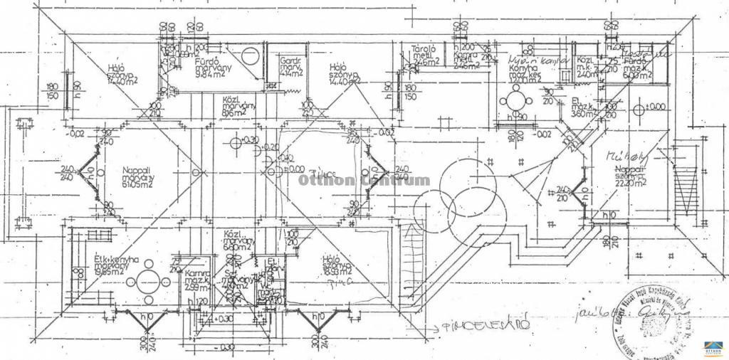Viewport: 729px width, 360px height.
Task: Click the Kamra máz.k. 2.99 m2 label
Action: click(196, 279)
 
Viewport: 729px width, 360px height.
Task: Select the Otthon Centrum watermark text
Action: click(364, 180)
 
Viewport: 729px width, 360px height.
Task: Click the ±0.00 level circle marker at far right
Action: click(639, 110)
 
